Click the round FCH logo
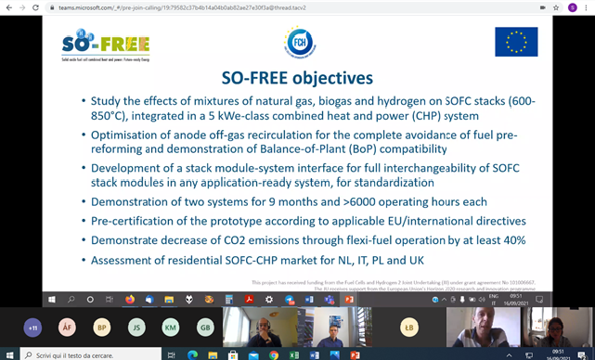[300, 42]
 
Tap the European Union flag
[516, 42]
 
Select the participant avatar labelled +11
[33, 328]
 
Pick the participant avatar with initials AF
[67, 328]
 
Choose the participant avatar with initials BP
[102, 328]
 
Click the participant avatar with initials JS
[136, 328]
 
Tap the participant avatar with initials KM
[171, 328]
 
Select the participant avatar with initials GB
[205, 328]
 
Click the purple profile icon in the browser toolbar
[572, 7]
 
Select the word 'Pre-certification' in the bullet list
[136, 222]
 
